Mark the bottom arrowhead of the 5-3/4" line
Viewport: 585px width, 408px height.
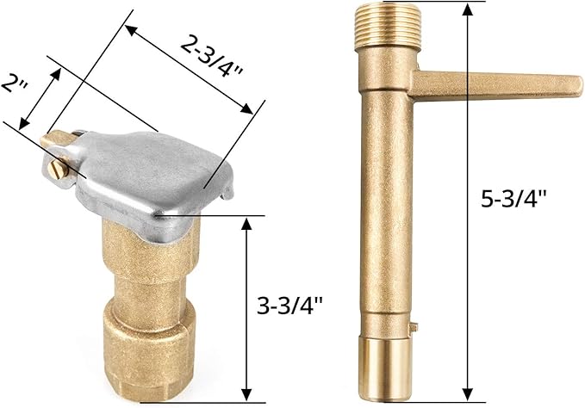[x=468, y=393]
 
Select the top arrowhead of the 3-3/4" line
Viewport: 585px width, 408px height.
[x=247, y=221]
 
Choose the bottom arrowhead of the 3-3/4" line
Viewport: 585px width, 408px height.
[x=247, y=395]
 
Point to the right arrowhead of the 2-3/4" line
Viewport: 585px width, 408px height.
[x=250, y=109]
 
